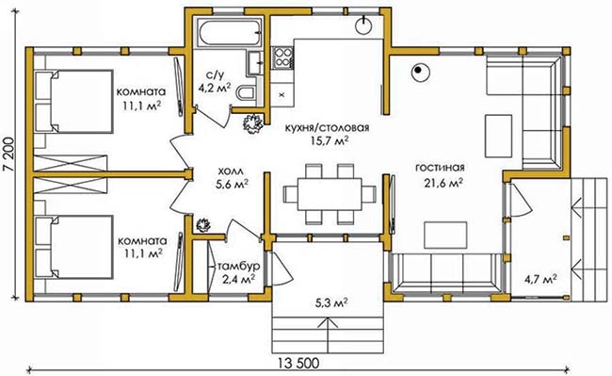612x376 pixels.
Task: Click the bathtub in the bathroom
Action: (229, 33)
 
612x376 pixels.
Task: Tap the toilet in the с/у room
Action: (247, 93)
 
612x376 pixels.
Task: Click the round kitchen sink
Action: (364, 25)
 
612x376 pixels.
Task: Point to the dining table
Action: (330, 194)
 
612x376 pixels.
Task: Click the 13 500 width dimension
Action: (299, 363)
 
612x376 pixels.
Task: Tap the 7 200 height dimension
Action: (8, 155)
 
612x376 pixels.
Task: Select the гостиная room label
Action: (440, 168)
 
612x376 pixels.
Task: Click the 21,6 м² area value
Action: (443, 183)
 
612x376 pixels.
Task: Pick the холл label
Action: (231, 171)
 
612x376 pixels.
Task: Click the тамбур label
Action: (239, 267)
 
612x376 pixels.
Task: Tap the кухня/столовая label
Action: (327, 127)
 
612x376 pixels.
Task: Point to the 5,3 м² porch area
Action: (331, 303)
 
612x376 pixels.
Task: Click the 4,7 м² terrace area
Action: (540, 279)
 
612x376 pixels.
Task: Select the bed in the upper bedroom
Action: (73, 102)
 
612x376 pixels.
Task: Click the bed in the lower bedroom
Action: (73, 247)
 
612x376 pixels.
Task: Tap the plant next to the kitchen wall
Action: (253, 123)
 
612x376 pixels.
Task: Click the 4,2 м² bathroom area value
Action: (215, 89)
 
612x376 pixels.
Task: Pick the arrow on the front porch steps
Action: (327, 333)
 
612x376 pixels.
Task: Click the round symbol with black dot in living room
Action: (420, 73)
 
